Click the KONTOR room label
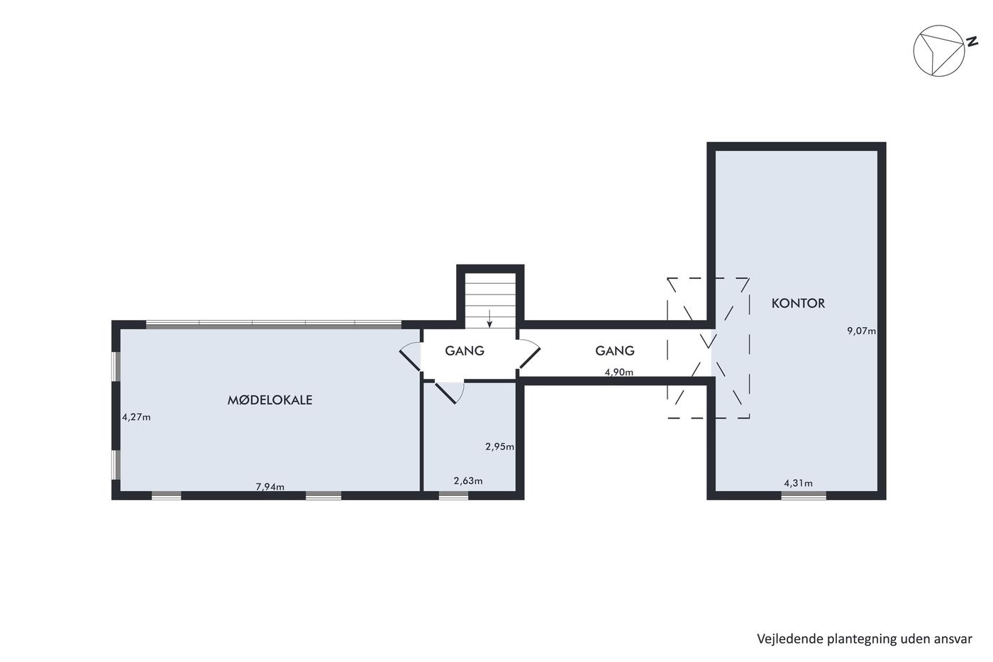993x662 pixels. click(798, 303)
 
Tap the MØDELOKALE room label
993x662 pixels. click(270, 400)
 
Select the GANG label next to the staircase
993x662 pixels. click(465, 351)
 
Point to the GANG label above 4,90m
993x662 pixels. click(615, 351)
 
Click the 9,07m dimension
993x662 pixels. click(861, 331)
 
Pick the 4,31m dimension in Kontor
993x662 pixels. click(799, 483)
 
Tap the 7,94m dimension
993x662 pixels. click(270, 487)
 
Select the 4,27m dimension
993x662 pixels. click(136, 416)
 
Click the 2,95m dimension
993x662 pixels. click(499, 446)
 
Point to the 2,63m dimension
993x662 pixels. click(468, 480)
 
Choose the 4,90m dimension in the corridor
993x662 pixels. click(618, 372)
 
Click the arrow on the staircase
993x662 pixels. click(489, 319)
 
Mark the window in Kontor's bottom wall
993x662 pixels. click(803, 495)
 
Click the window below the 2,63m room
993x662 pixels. click(453, 495)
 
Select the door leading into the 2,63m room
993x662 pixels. click(448, 392)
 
